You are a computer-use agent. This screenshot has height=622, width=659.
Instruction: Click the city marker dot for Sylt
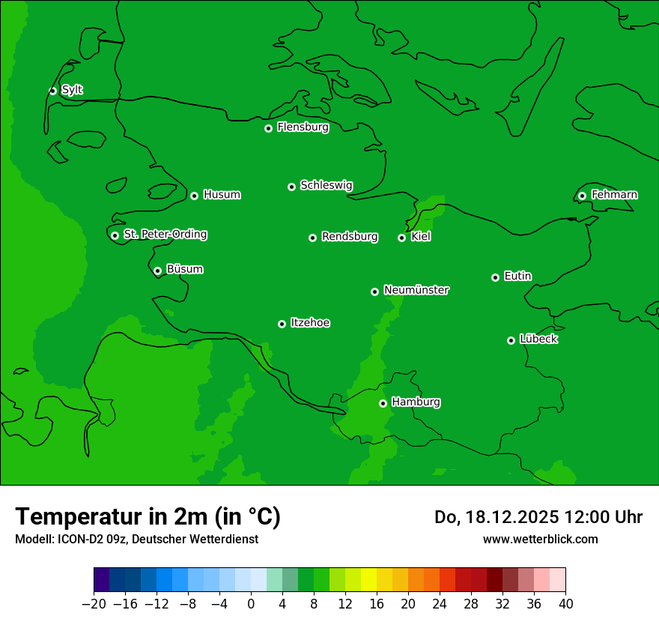[x=52, y=91]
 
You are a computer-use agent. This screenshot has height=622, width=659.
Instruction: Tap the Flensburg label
[x=303, y=127]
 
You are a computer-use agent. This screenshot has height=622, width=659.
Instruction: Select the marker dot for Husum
[x=194, y=196]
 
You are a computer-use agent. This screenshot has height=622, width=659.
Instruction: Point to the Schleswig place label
[x=326, y=185]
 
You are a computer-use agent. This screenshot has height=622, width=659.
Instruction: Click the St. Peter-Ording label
[x=165, y=235]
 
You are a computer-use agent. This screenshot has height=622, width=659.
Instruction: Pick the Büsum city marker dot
[x=157, y=271]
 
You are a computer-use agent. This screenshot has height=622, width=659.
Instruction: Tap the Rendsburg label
[x=349, y=237]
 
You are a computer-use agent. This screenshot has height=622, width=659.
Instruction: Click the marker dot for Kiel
[x=401, y=238]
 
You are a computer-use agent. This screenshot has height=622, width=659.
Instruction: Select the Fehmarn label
[x=614, y=195]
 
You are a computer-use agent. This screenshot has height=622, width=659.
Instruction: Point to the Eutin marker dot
[x=495, y=277]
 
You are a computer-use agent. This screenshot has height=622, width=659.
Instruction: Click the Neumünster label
[x=416, y=290]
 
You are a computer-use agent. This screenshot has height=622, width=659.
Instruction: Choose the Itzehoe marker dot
[x=282, y=324]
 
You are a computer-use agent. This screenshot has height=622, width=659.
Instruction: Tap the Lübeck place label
[x=538, y=339]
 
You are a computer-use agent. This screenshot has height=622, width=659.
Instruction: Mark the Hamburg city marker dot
[x=383, y=403]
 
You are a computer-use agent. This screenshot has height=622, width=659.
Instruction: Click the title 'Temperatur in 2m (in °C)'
[x=148, y=516]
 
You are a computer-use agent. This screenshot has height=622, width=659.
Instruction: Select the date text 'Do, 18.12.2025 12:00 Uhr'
[x=538, y=517]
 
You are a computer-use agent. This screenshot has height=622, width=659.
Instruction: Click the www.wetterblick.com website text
[x=540, y=539]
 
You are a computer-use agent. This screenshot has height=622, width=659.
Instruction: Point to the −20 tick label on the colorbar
[x=94, y=603]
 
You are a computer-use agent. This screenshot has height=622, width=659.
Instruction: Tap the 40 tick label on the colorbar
[x=565, y=603]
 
